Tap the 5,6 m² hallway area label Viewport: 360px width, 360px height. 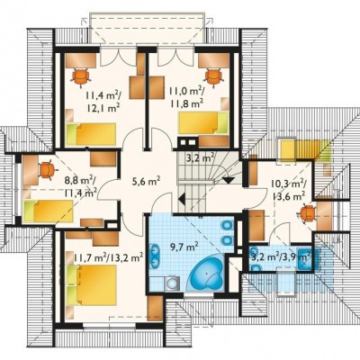[146, 181]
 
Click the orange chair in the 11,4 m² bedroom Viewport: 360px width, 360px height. [81, 76]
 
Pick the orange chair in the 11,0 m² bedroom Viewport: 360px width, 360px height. [213, 77]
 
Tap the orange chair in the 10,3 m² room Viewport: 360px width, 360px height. [307, 213]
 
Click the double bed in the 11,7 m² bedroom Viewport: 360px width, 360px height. [92, 284]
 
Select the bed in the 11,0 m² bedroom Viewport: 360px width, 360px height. [203, 122]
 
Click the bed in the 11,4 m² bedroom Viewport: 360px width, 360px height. [91, 134]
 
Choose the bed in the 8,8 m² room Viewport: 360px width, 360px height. [48, 211]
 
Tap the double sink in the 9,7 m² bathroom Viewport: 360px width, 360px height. [155, 256]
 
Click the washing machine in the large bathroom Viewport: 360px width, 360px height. [172, 283]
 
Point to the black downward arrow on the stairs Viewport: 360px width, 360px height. [229, 180]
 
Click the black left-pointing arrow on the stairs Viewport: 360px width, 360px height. [181, 199]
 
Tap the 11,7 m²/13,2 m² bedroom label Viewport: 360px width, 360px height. [108, 257]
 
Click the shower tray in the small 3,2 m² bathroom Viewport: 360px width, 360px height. [304, 259]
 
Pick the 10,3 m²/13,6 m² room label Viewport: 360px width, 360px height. [289, 190]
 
